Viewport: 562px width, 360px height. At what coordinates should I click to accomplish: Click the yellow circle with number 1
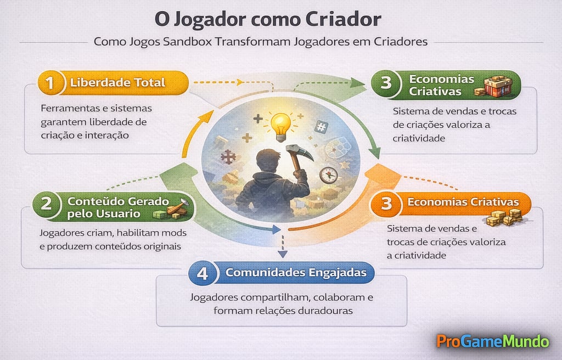50,83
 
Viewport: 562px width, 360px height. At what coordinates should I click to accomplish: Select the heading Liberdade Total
117,83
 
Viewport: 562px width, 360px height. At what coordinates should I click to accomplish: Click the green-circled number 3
386,83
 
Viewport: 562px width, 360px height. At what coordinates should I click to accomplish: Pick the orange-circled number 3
386,204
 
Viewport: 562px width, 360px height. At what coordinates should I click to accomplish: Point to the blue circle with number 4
203,273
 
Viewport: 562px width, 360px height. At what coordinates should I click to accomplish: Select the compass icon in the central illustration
328,175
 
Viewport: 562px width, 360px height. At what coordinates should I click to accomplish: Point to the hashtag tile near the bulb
321,127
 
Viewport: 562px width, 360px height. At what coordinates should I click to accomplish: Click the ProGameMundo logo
492,341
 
